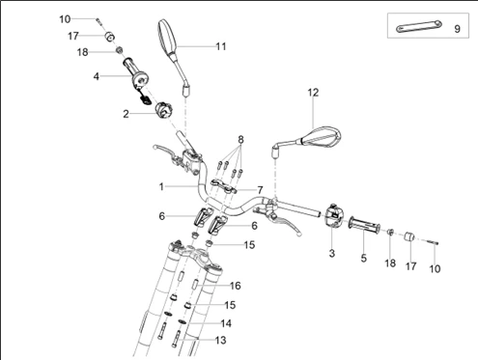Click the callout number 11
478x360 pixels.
point(221,46)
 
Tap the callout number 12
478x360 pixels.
point(312,93)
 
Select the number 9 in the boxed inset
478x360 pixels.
point(455,29)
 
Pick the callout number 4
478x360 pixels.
point(96,75)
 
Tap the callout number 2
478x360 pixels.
point(126,114)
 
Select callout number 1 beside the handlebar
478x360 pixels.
point(162,184)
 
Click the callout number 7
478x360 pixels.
point(259,189)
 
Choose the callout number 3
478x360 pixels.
point(331,253)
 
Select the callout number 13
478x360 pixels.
point(221,341)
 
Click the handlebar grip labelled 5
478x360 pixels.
point(365,229)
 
